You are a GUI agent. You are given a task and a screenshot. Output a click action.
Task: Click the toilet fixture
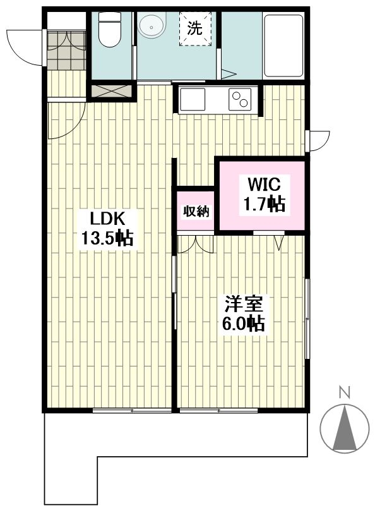pyautogui.click(x=109, y=29)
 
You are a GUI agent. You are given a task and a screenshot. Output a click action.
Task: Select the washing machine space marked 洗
pyautogui.click(x=195, y=28)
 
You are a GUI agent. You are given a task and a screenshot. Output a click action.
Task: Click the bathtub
pyautogui.click(x=283, y=45)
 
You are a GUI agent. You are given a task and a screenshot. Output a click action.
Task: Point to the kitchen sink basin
pyautogui.click(x=193, y=99)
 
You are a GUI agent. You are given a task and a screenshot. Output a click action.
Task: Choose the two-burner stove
pyautogui.click(x=240, y=99)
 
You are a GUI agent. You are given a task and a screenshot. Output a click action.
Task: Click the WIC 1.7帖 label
pyautogui.click(x=265, y=195)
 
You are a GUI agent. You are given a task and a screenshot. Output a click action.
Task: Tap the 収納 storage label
pyautogui.click(x=196, y=212)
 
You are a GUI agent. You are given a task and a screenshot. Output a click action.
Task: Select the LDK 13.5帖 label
pyautogui.click(x=107, y=229)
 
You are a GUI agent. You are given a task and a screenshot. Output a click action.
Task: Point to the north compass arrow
pyautogui.click(x=345, y=428)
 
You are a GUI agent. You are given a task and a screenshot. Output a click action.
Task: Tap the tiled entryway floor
pyautogui.click(x=66, y=50)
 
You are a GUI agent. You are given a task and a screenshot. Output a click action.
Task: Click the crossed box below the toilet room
pyautogui.click(x=111, y=91)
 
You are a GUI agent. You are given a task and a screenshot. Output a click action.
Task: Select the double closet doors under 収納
pyautogui.click(x=195, y=243)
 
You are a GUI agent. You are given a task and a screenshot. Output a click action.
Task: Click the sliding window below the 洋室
pyautogui.click(x=218, y=411)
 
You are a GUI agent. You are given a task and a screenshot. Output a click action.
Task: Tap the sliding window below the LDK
pyautogui.click(x=132, y=411)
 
